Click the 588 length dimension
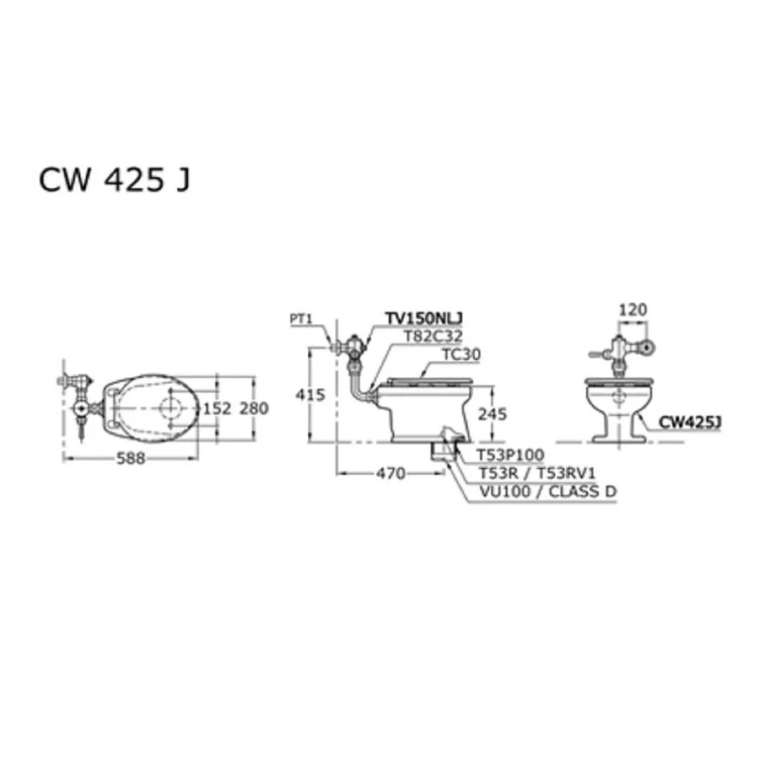(131, 458)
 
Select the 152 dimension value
(217, 409)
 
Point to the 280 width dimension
(254, 409)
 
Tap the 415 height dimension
(310, 395)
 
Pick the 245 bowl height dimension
(493, 414)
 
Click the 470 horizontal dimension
(391, 473)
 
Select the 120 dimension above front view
(632, 310)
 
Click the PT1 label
(302, 319)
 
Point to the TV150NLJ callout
(425, 319)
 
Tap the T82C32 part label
(432, 336)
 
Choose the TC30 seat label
(461, 354)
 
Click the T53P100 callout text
(510, 455)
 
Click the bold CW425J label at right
(689, 422)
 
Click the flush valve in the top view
(81, 409)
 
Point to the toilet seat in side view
(429, 381)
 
